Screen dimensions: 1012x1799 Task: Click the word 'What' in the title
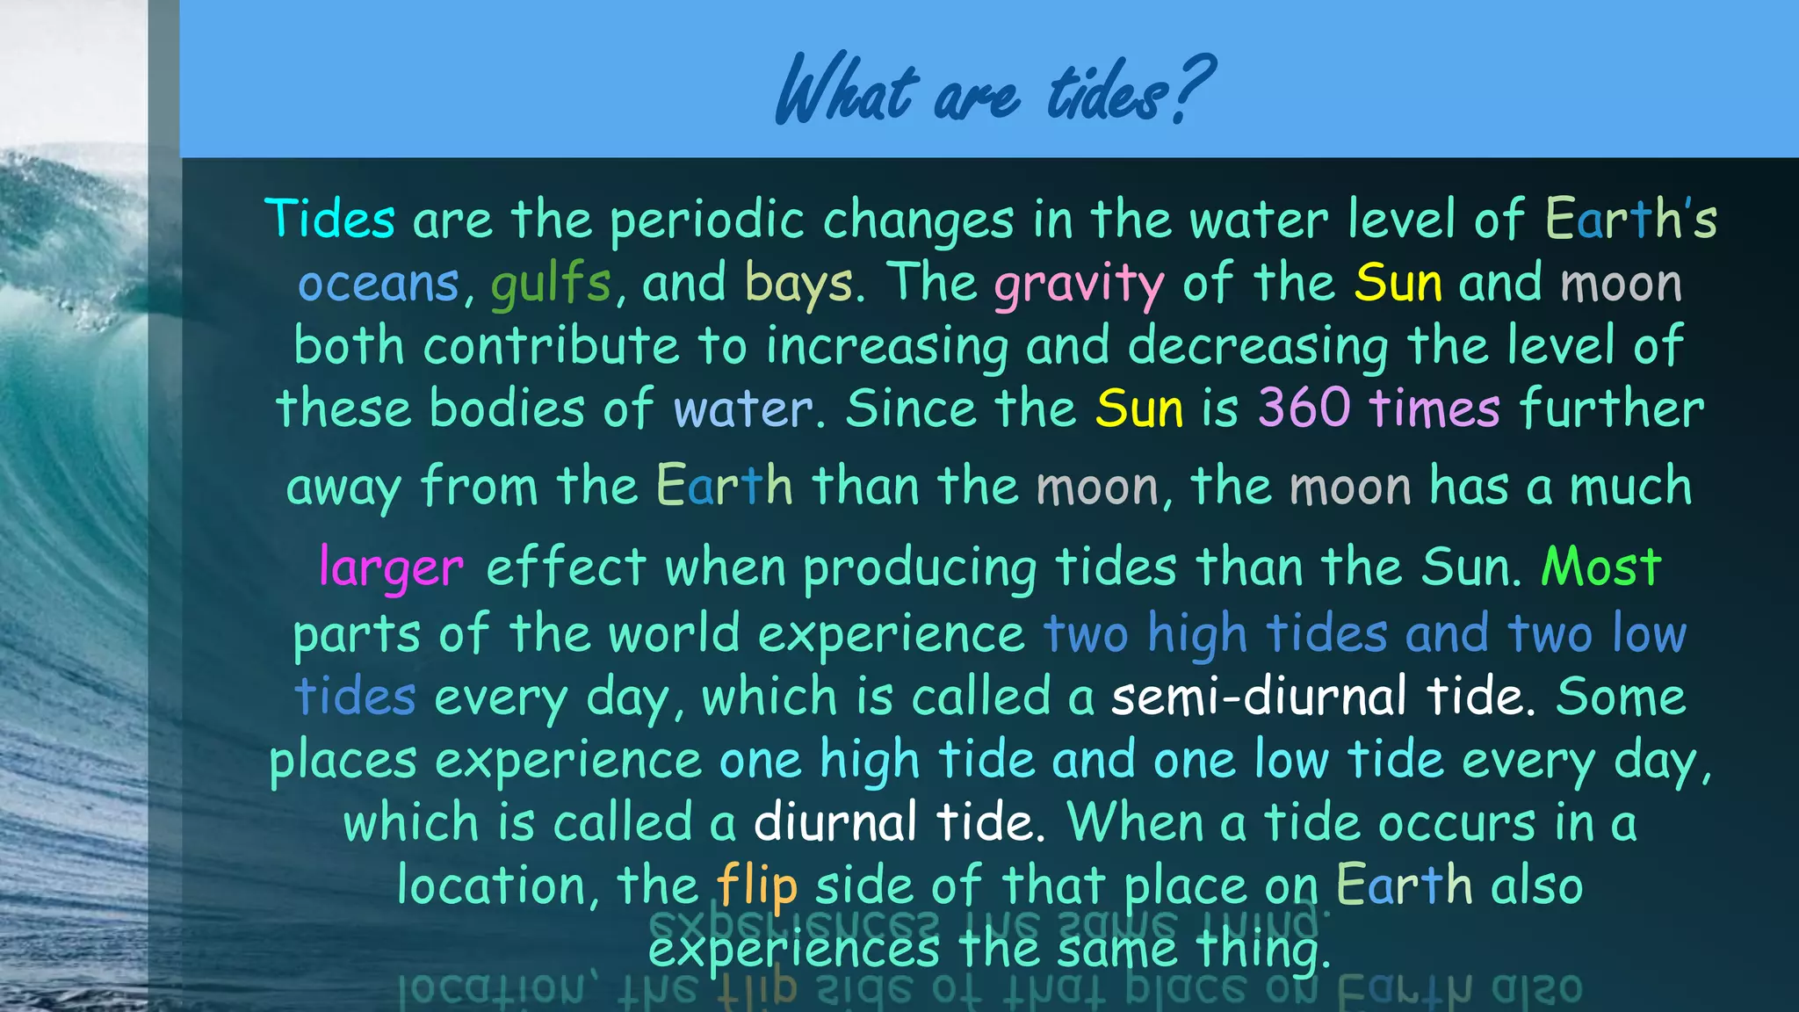[x=847, y=90]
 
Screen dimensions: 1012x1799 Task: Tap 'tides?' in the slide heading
[x=1130, y=90]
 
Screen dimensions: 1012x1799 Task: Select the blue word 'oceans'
[x=379, y=284]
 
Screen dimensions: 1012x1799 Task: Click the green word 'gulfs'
[x=550, y=284]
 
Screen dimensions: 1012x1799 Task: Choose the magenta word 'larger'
[x=391, y=567]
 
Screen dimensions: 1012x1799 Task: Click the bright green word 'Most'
[x=1600, y=567]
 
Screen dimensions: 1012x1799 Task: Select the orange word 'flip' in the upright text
[x=756, y=885]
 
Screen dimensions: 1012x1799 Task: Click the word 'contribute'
[x=552, y=345]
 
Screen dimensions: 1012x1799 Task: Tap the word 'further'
[x=1611, y=408]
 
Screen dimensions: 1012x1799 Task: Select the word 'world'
[x=674, y=633]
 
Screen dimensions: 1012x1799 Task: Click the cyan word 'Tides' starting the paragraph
[x=329, y=219]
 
